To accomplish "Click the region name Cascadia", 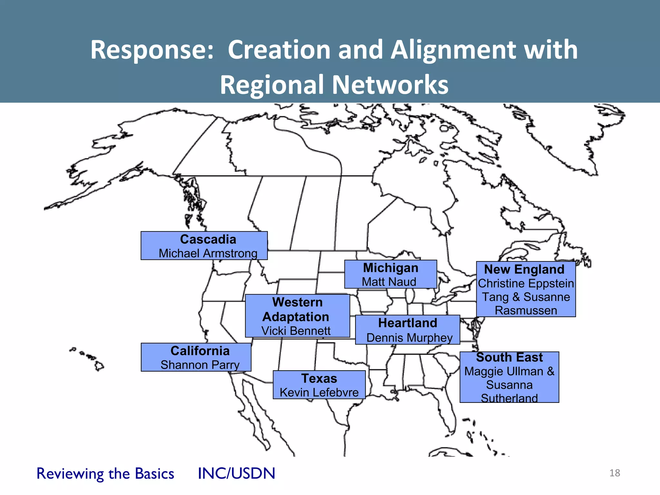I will click(208, 239).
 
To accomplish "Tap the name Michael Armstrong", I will click(208, 253).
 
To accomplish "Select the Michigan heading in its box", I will click(391, 268).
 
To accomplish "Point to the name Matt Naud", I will click(389, 282).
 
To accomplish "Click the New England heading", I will click(524, 269).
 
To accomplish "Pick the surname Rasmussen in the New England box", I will click(526, 310).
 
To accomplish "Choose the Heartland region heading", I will click(408, 323).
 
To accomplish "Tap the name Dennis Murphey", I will click(409, 338).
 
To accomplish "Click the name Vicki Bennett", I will click(296, 331).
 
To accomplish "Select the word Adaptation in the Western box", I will click(296, 317).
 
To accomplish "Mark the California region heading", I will click(200, 351).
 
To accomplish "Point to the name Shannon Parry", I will click(200, 365).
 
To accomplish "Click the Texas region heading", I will click(319, 378).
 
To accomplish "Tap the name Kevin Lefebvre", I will click(319, 393).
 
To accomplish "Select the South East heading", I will click(509, 357).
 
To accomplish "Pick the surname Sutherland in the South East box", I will click(509, 398).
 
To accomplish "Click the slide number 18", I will click(615, 473).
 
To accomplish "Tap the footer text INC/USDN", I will click(237, 473).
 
